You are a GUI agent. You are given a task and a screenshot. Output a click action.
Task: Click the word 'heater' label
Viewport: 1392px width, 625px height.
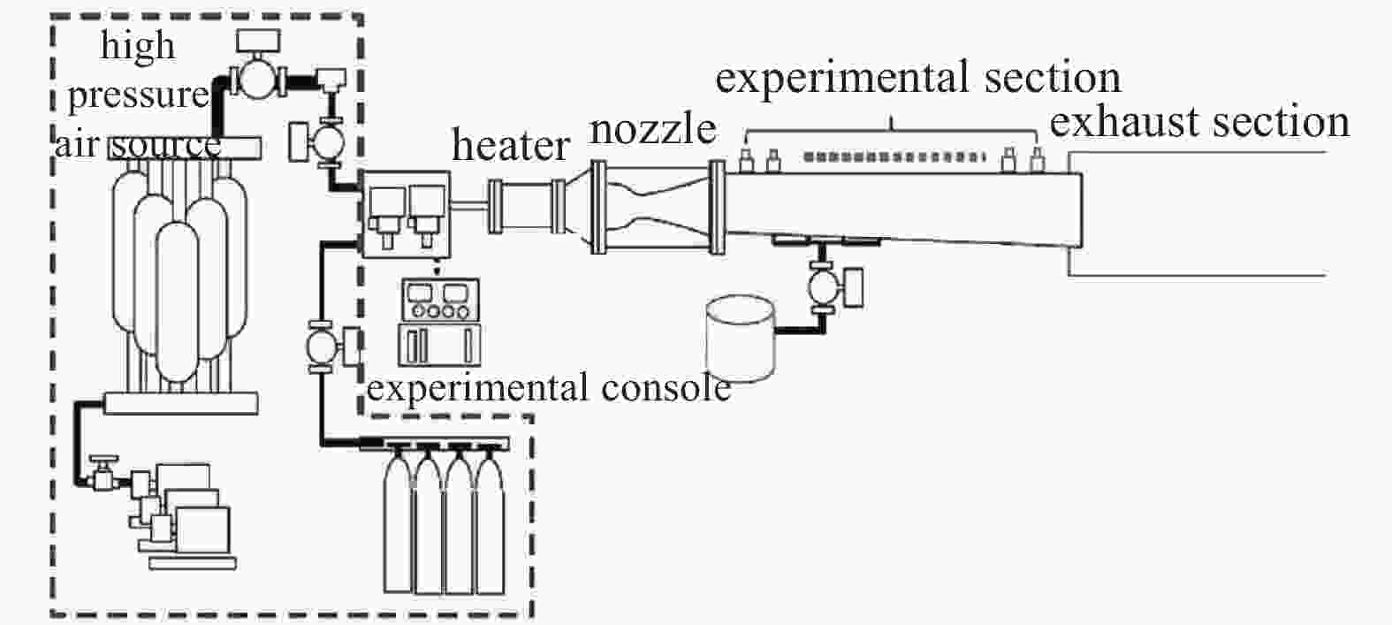click(x=511, y=145)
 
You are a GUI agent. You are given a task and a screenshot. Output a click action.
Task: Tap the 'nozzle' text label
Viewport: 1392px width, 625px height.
click(x=652, y=129)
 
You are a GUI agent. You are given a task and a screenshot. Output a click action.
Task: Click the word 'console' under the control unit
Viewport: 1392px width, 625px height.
click(x=666, y=388)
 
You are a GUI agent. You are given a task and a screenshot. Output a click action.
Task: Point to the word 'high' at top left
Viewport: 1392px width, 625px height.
click(x=137, y=45)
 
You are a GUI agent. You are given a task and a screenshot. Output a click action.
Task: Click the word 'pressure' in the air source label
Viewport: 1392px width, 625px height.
click(x=138, y=95)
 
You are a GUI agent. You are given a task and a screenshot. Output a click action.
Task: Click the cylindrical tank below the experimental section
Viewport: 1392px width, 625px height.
click(x=741, y=339)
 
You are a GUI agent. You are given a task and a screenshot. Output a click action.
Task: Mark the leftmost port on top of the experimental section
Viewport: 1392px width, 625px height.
click(x=746, y=160)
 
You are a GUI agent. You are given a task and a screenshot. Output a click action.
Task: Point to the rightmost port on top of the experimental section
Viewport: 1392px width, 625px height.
click(x=1036, y=160)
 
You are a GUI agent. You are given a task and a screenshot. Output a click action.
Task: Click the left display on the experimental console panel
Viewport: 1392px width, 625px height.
click(x=417, y=293)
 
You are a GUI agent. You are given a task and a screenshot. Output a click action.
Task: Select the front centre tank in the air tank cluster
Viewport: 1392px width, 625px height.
click(x=178, y=301)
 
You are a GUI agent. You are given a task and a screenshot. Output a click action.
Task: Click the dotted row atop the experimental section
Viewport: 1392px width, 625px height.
click(x=894, y=156)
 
